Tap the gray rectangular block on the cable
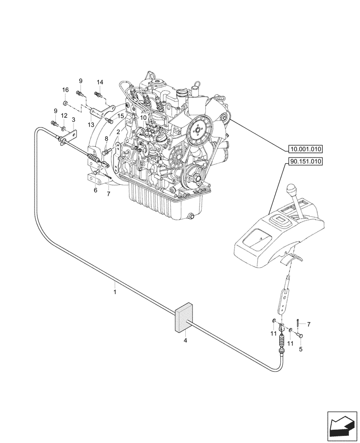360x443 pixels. coord(184,318)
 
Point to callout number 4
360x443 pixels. coord(185,340)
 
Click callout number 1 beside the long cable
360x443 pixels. coord(115,292)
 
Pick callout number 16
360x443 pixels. coord(65,90)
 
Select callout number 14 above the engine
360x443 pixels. coord(100,82)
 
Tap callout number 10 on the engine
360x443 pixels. coord(143,118)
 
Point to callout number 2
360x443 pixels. coord(118,132)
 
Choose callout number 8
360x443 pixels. coord(106,139)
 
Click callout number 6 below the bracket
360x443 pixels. coord(95,190)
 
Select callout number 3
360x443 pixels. coord(73,120)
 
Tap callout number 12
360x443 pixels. coord(64,116)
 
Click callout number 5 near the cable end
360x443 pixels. coord(301,349)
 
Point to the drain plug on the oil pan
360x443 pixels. coord(192,216)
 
